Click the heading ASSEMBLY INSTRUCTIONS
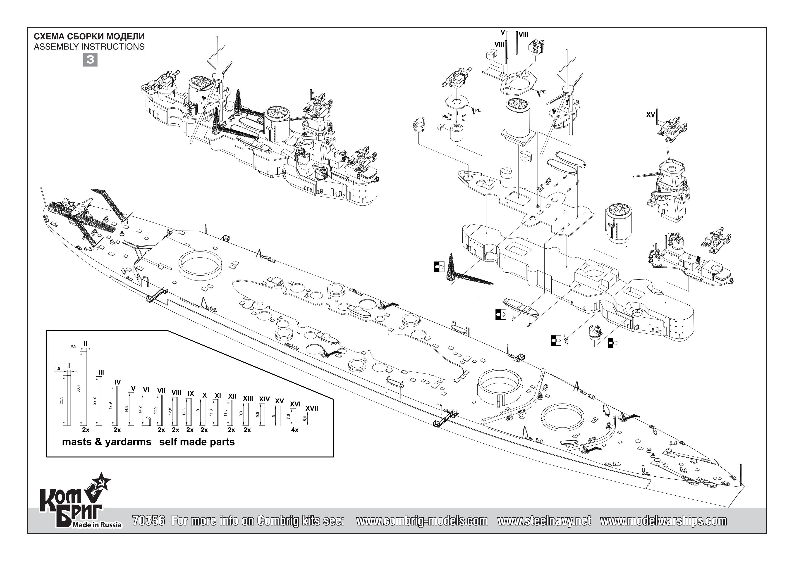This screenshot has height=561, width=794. pyautogui.click(x=89, y=47)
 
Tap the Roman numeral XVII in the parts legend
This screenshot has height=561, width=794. pyautogui.click(x=312, y=408)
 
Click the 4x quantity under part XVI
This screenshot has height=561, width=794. pyautogui.click(x=295, y=430)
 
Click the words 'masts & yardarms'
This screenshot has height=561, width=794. pyautogui.click(x=107, y=442)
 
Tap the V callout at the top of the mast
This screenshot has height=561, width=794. pyautogui.click(x=503, y=33)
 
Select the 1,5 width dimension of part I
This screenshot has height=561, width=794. pyautogui.click(x=57, y=369)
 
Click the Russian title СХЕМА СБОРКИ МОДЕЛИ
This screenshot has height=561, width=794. pyautogui.click(x=89, y=37)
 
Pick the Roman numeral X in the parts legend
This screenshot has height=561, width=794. pyautogui.click(x=204, y=395)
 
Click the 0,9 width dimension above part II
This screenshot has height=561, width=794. pyautogui.click(x=73, y=346)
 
